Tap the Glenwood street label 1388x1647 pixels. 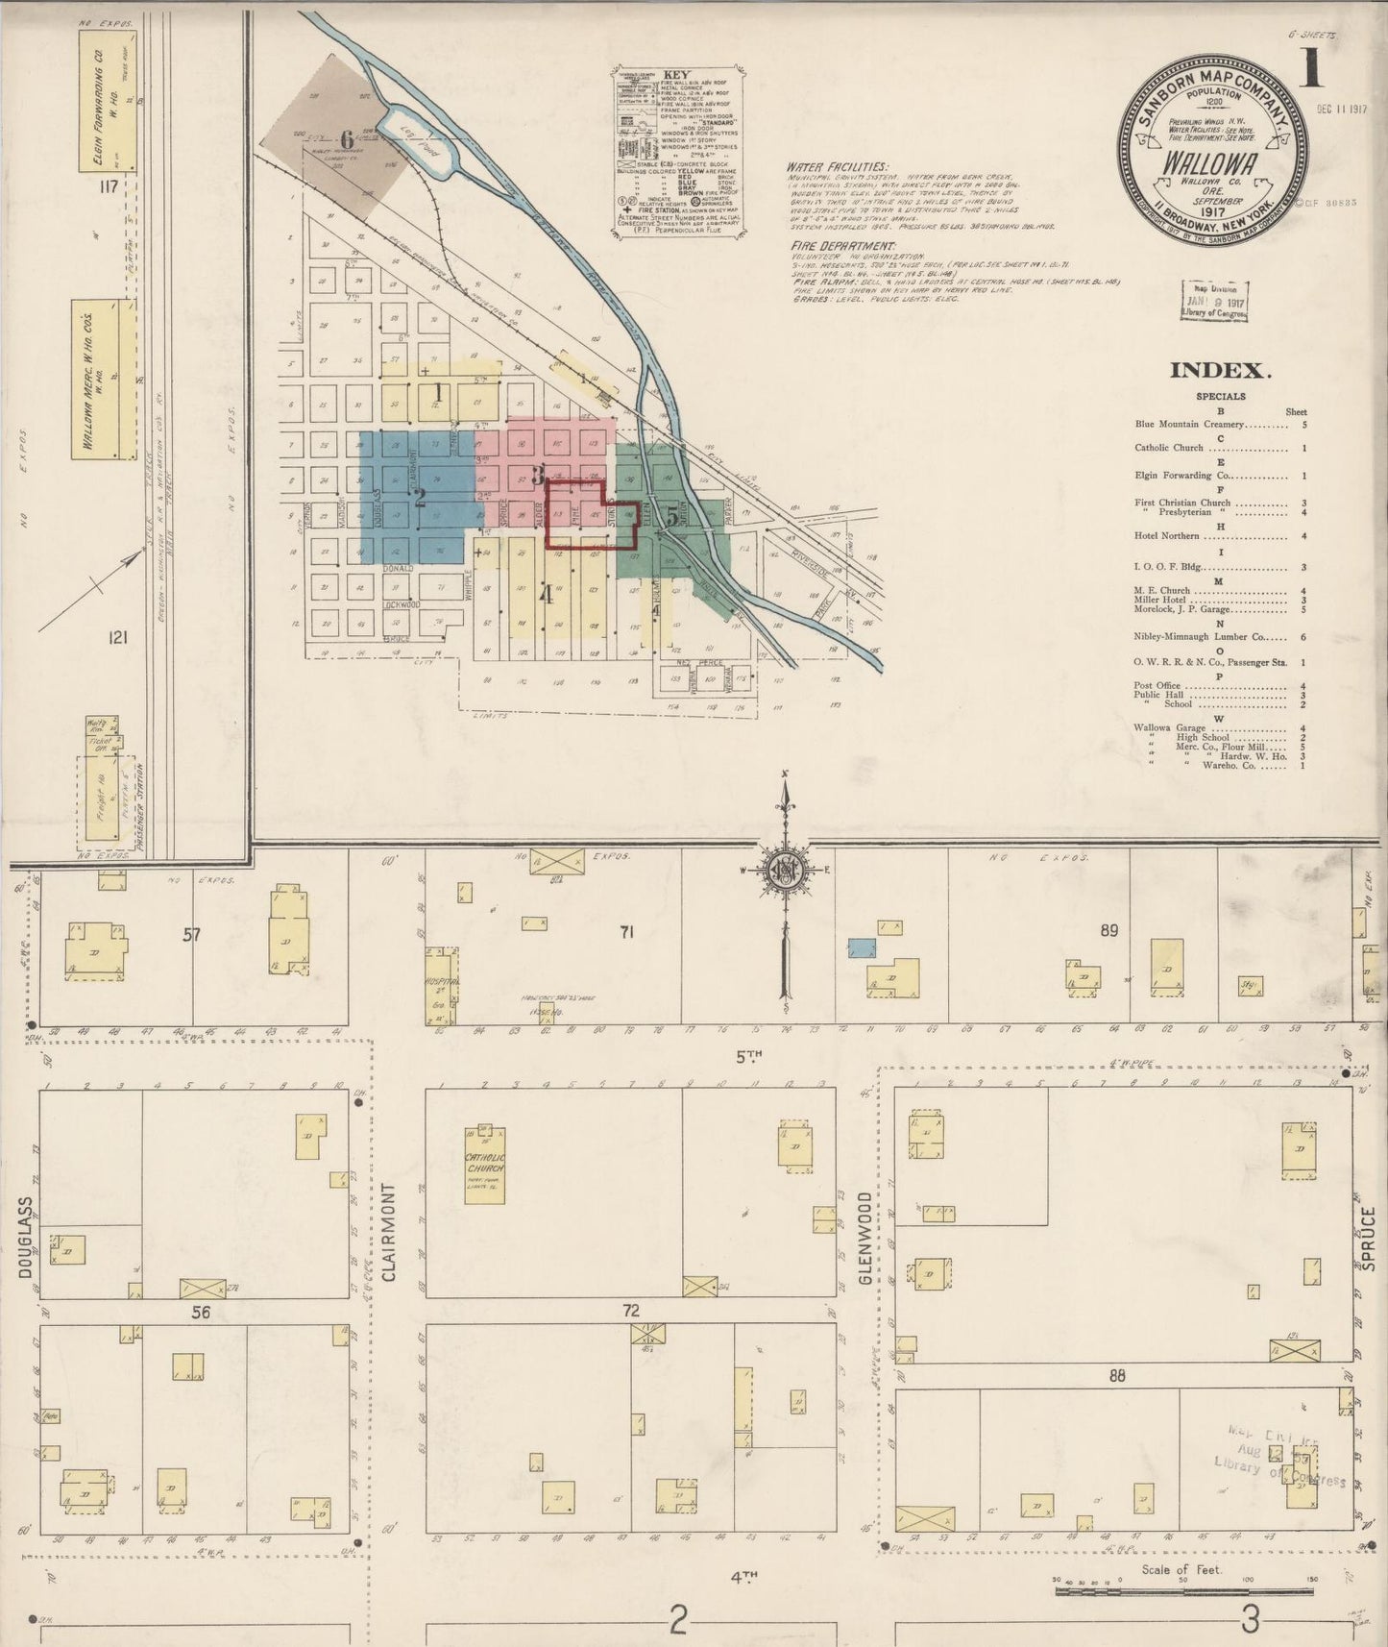[x=865, y=1239]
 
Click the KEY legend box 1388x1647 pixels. [x=677, y=152]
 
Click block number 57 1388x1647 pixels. [x=191, y=933]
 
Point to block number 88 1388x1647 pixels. [x=1115, y=1376]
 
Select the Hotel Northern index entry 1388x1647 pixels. [x=1167, y=535]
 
